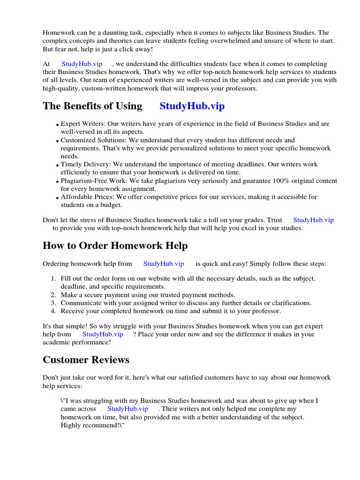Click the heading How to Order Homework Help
pos(115,246)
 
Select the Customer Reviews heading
pos(86,360)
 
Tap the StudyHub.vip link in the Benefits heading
pos(192,106)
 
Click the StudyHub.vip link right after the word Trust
pos(313,220)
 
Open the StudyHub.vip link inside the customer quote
pos(127,409)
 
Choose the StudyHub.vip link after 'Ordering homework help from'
pos(164,264)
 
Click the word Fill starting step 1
pos(66,278)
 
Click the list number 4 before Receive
pos(53,311)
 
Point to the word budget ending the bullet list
pos(111,205)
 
